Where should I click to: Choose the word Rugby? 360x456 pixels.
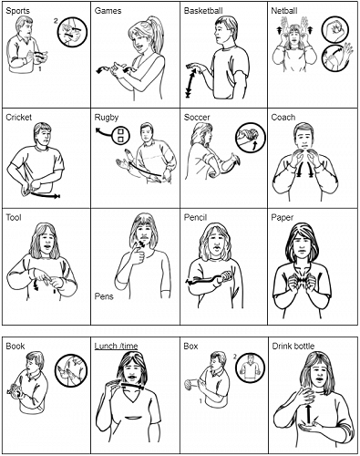(107, 117)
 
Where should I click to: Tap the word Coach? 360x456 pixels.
(284, 117)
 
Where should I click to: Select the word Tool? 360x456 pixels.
(14, 218)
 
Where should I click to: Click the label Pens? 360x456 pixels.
(105, 296)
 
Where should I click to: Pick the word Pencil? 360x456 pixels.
(198, 218)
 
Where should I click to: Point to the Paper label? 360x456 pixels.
(284, 218)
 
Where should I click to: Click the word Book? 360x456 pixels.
(15, 347)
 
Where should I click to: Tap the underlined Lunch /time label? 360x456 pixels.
(118, 347)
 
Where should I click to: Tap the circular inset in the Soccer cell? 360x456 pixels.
(248, 138)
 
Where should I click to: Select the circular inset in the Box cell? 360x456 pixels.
(248, 368)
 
